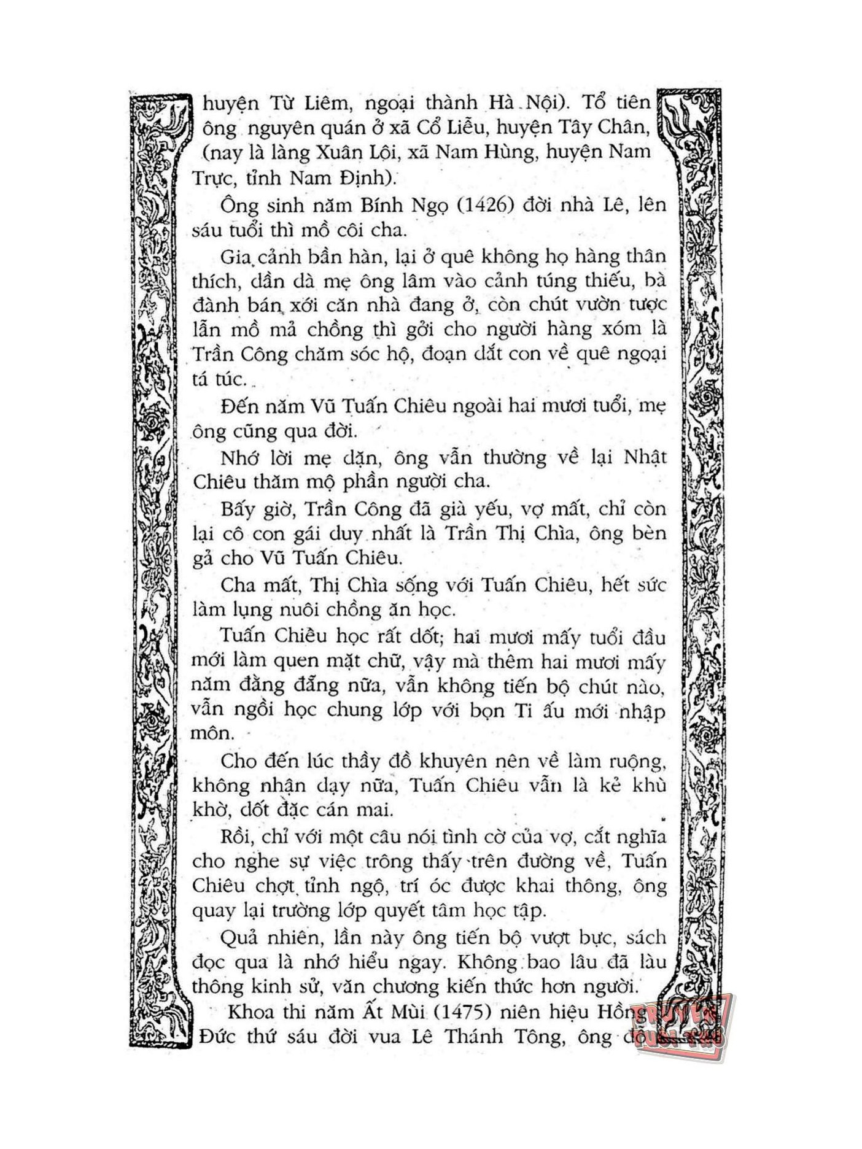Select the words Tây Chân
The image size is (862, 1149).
(604, 128)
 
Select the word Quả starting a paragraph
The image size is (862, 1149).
(237, 938)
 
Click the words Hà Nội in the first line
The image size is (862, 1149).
(522, 103)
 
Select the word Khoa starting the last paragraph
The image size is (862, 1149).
(248, 1012)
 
